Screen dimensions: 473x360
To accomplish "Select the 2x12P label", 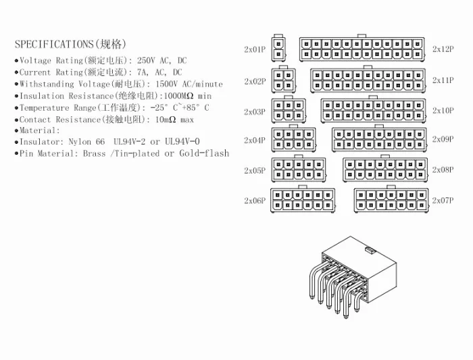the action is tap(443, 49).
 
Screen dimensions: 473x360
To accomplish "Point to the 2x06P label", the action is tap(255, 201).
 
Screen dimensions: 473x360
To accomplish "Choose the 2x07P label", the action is tap(443, 201).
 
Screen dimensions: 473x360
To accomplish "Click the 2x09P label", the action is tap(443, 140).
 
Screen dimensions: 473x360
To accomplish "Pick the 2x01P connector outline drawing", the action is tap(278, 49).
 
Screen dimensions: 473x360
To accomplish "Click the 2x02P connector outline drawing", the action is tap(284, 80).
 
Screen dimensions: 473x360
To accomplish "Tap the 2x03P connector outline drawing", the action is tap(287, 110).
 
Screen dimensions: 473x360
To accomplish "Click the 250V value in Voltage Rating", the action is tap(146, 61).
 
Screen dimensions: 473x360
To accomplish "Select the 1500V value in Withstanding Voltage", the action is tap(166, 84).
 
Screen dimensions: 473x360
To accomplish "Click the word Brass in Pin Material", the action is tap(95, 154).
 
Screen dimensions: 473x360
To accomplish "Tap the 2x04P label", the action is tap(255, 140).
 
